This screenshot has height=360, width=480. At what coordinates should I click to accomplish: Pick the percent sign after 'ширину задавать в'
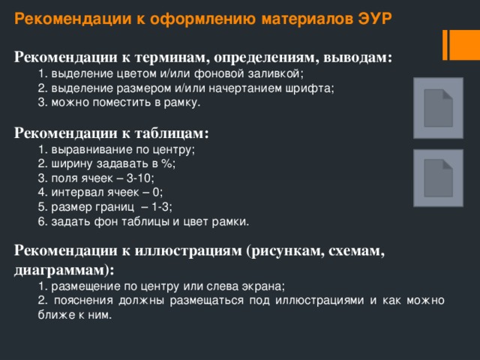coord(167,163)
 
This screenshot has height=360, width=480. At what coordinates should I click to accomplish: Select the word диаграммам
coord(59,268)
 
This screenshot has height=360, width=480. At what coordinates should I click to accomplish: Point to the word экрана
coord(265,286)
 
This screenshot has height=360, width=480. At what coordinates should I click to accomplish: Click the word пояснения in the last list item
coord(77,301)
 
